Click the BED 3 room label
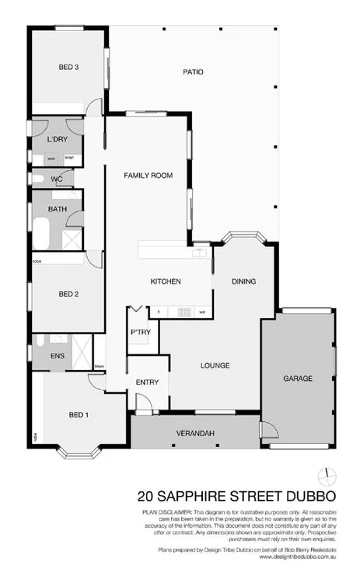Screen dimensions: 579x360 69,68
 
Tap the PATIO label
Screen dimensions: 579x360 193,72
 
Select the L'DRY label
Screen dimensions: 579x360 57,139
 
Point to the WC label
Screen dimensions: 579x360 57,179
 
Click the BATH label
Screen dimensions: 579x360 57,209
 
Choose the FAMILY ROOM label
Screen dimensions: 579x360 148,176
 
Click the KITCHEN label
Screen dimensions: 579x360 166,281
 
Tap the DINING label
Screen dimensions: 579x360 243,281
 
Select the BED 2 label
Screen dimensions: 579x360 69,294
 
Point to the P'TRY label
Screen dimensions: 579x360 141,332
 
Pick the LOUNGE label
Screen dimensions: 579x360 214,364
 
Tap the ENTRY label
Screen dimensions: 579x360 147,382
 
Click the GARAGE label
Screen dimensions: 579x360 298,378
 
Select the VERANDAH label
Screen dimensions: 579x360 195,432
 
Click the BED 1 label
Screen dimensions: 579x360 79,414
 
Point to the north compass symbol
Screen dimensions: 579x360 327,475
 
